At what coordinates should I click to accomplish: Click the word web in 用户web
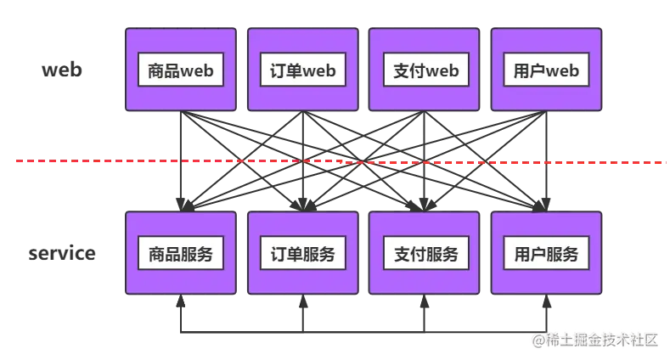[562, 70]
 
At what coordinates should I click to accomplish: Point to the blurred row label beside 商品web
[61, 72]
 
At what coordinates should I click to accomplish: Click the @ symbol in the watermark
[538, 340]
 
